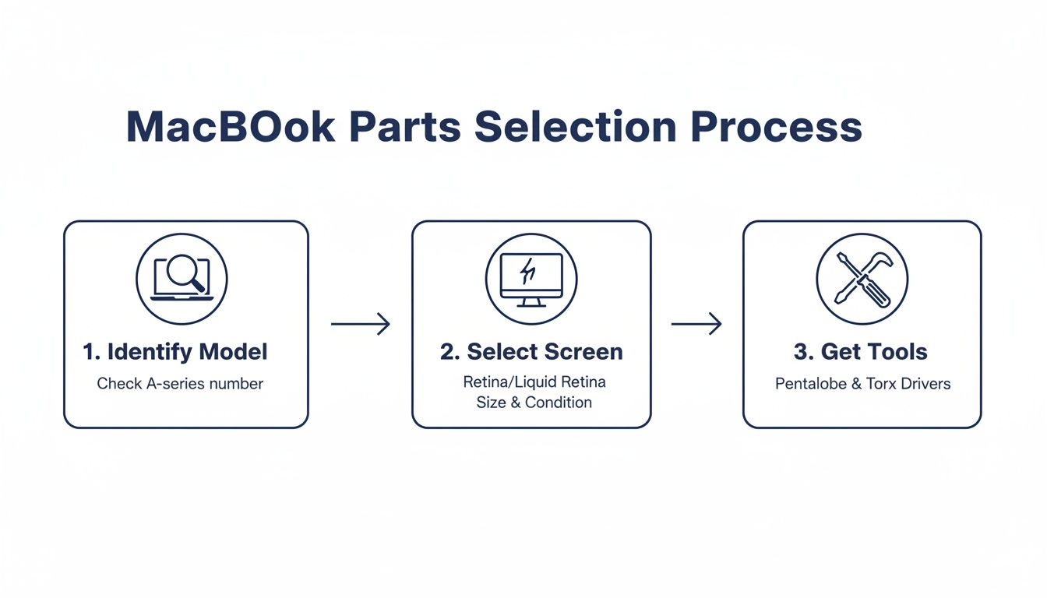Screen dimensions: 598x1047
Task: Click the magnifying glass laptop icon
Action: [x=182, y=278]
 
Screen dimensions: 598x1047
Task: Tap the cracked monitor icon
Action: [x=531, y=278]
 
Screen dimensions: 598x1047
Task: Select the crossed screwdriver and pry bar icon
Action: [x=862, y=278]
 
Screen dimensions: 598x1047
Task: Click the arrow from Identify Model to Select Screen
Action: [x=360, y=323]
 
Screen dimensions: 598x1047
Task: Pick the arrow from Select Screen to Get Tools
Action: [x=696, y=323]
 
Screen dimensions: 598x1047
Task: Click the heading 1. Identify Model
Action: [x=175, y=352]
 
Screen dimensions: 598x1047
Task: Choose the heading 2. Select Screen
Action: [x=531, y=352]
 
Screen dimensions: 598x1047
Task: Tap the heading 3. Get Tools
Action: [x=861, y=352]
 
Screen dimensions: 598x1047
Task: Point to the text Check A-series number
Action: [x=180, y=384]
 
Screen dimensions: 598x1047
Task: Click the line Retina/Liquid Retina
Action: [x=534, y=382]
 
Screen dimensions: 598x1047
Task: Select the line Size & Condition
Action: [x=534, y=403]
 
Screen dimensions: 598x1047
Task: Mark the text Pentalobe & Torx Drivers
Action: [x=862, y=384]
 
